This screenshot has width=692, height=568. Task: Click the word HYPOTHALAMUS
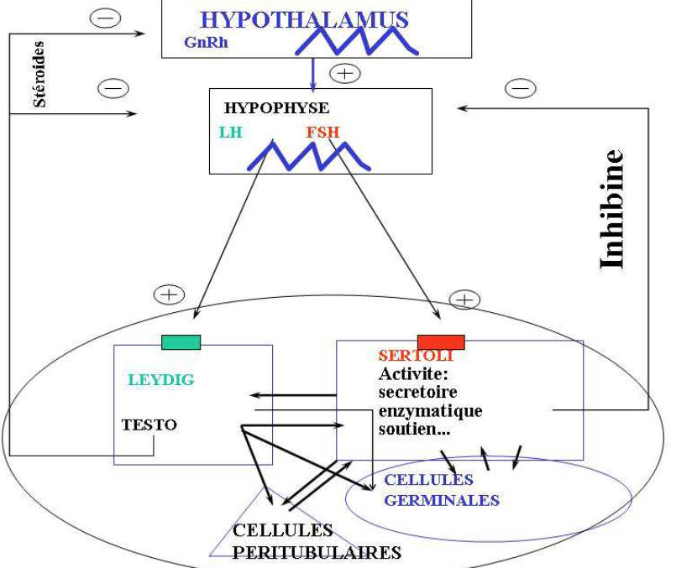point(304,19)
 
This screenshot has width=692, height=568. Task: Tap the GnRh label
point(206,43)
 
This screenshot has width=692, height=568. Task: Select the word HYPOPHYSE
point(276,108)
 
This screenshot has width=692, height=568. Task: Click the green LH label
point(231,133)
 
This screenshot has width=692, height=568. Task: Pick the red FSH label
point(323,133)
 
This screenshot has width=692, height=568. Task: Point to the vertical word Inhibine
point(612,209)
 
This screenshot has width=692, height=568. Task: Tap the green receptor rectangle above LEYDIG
point(181,341)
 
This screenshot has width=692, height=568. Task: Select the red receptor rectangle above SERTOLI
point(441,341)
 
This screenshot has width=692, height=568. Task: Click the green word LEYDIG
point(161,379)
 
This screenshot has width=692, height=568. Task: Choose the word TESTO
point(149,425)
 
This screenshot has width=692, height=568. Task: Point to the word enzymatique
point(430,410)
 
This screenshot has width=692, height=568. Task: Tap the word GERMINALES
point(442,500)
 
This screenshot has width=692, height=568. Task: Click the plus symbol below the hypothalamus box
point(344,73)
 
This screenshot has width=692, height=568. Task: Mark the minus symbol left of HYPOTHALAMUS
point(106,18)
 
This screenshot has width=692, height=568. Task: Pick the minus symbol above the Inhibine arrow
point(521,87)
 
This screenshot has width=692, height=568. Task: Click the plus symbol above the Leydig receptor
point(169,294)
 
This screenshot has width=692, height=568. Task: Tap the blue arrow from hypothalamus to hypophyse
point(313,72)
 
